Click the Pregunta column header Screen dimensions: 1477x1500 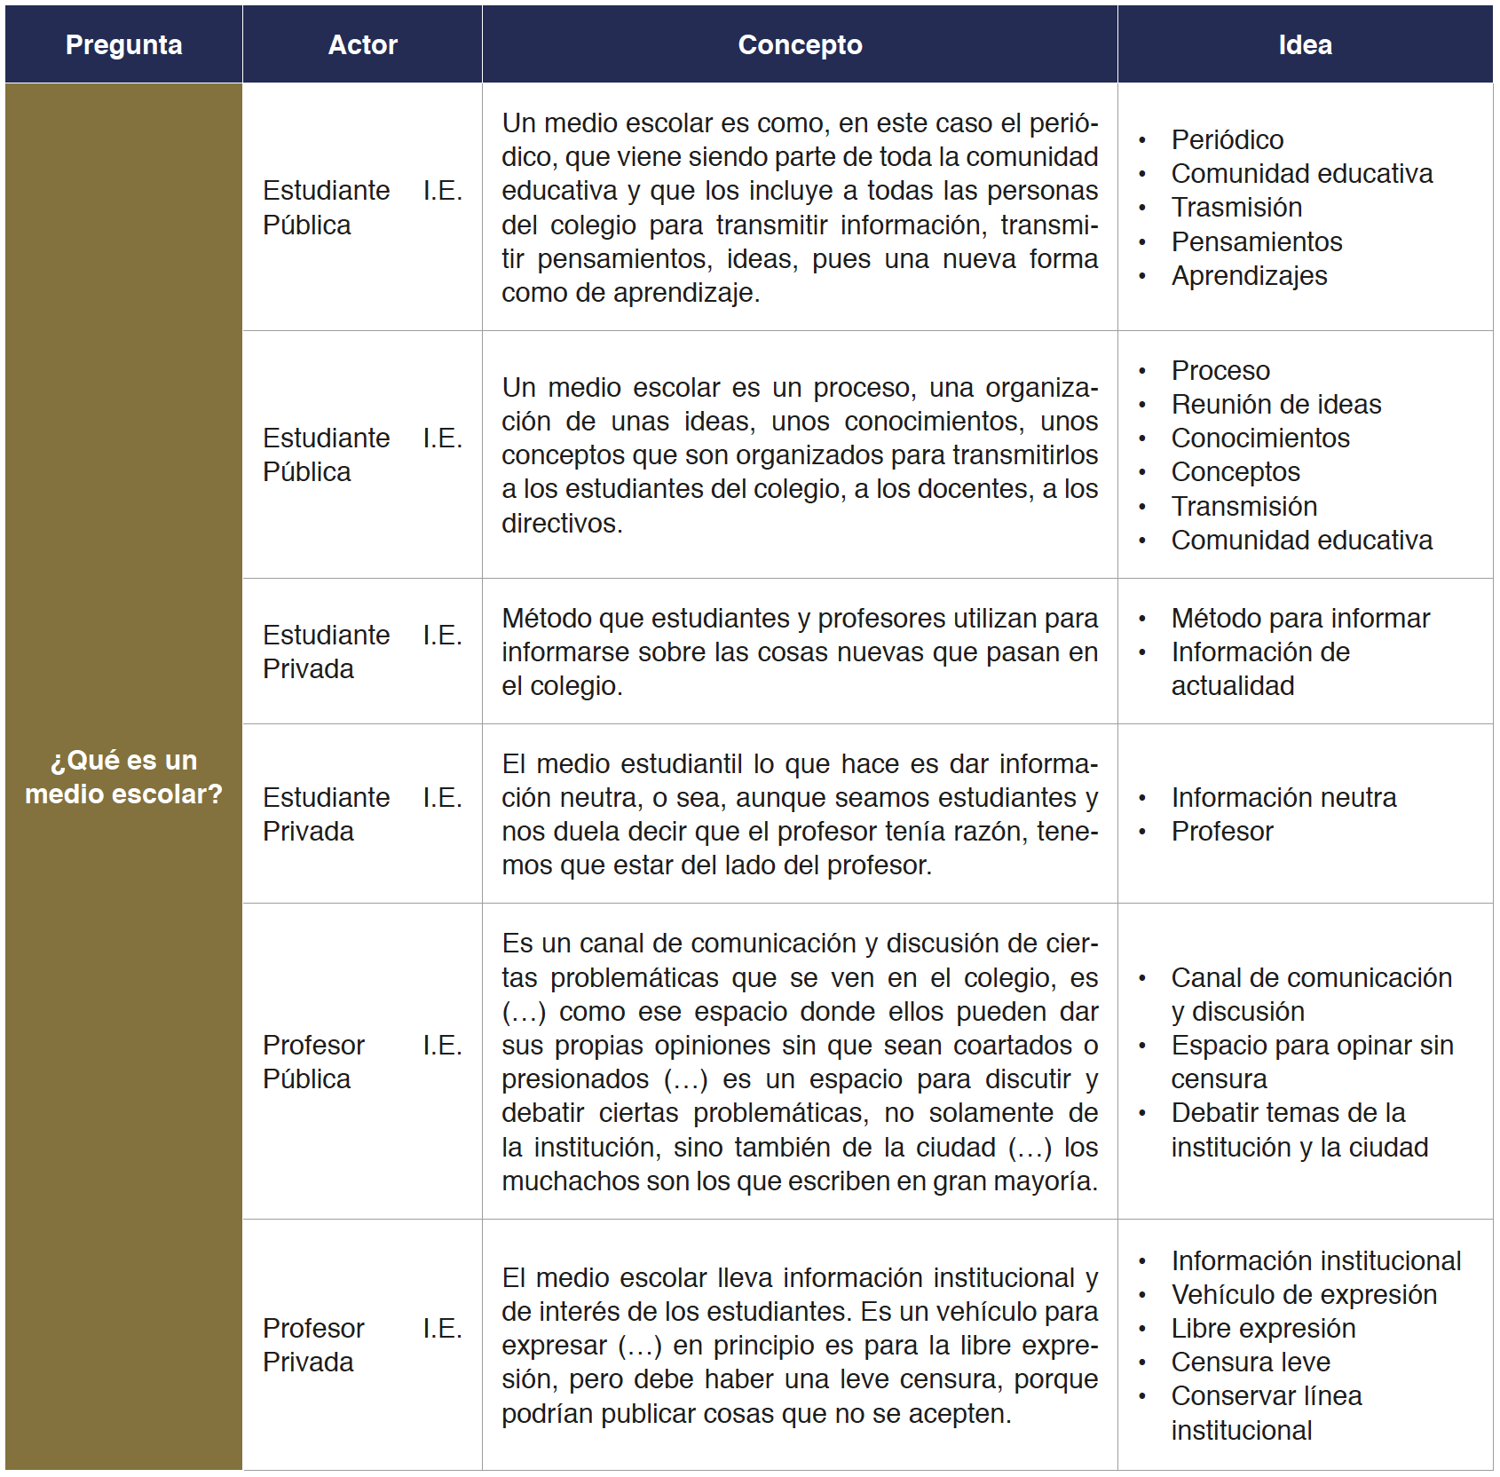tap(123, 45)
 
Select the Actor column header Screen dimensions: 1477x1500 tap(362, 45)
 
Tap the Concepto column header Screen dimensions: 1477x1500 tap(800, 45)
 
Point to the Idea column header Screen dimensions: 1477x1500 tap(1305, 45)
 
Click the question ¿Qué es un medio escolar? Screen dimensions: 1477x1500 tap(123, 777)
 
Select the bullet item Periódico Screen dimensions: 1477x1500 tap(1227, 139)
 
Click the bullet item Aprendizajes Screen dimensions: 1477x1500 tap(1249, 275)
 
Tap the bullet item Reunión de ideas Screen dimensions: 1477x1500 tap(1275, 404)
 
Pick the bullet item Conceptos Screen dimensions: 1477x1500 tap(1235, 471)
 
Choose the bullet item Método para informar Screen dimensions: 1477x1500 tap(1299, 618)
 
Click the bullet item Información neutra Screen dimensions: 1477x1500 tap(1283, 797)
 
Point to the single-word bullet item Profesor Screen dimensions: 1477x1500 tap(1221, 831)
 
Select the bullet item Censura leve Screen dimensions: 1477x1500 tap(1250, 1362)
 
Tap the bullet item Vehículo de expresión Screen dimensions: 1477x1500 tap(1303, 1294)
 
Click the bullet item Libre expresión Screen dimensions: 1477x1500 tap(1263, 1328)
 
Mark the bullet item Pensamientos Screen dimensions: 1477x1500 tap(1256, 241)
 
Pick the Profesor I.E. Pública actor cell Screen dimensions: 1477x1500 tap(362, 1062)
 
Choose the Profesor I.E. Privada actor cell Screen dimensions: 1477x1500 tap(362, 1345)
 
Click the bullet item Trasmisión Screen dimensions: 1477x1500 tap(1236, 207)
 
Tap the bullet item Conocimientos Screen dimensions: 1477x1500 tap(1259, 438)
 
